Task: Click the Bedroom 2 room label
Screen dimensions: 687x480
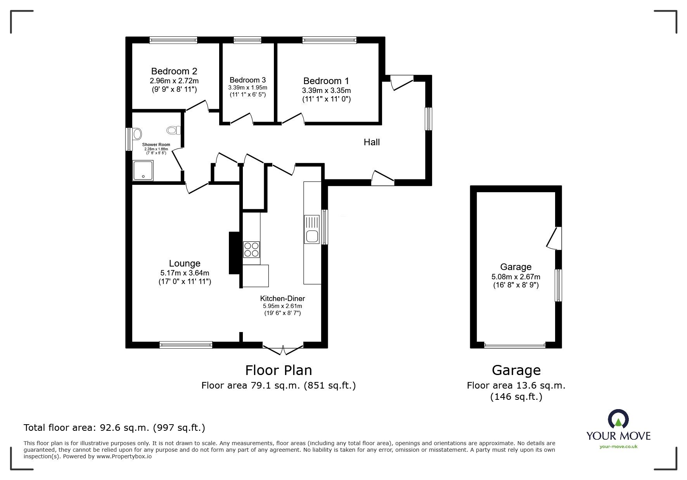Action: click(174, 71)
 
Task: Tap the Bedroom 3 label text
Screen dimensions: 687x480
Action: click(247, 80)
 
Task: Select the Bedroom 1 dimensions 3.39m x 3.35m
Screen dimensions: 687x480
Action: click(326, 91)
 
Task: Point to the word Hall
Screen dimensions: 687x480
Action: click(372, 142)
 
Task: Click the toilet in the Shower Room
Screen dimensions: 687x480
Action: click(174, 130)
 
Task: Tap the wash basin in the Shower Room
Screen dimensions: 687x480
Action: click(137, 134)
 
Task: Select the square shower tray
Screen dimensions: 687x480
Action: click(143, 171)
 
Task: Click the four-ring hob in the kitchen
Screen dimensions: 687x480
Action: click(251, 249)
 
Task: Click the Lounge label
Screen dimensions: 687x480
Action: click(185, 264)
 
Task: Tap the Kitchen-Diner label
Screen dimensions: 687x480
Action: click(282, 298)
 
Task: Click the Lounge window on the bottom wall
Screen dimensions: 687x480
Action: click(186, 345)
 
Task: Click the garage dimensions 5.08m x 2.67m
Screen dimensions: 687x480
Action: click(516, 277)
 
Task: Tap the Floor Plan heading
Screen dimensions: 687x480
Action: click(279, 370)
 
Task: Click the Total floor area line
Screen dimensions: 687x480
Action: click(114, 428)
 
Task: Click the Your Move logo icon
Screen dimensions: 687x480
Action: click(618, 420)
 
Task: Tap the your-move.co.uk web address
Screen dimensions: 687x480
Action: click(618, 447)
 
